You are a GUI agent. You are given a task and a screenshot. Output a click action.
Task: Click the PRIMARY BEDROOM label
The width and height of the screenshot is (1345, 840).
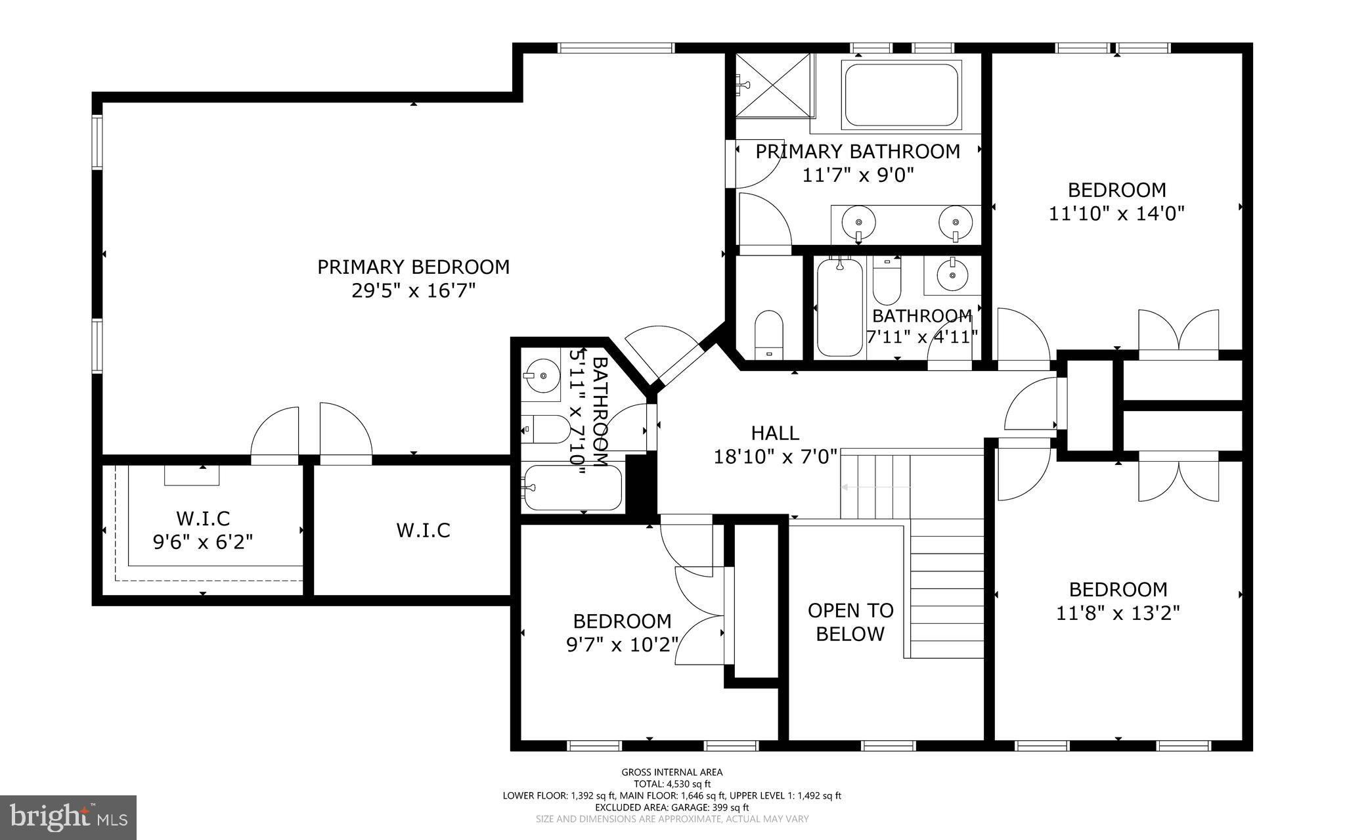(413, 267)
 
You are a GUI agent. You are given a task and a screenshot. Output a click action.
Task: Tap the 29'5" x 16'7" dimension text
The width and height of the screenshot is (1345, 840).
(413, 291)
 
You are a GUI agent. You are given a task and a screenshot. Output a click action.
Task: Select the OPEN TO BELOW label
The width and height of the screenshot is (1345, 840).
(850, 622)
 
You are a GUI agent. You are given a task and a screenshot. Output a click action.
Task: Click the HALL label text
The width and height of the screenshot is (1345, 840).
(775, 433)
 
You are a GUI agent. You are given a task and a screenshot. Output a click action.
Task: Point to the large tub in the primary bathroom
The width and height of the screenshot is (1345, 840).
(901, 95)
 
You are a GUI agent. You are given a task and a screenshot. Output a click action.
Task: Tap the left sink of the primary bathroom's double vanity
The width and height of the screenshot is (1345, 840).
(858, 219)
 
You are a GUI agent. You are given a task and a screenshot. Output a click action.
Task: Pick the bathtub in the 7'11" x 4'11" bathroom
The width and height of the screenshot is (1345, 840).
(839, 307)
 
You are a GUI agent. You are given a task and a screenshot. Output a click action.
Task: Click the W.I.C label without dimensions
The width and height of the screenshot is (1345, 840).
(423, 531)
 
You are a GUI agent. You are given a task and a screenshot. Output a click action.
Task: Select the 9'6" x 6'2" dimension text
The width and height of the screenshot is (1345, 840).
(203, 542)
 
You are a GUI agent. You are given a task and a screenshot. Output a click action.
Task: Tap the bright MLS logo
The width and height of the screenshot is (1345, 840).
(68, 817)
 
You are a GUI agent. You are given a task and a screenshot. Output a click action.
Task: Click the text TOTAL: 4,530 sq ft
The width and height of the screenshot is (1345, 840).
(672, 784)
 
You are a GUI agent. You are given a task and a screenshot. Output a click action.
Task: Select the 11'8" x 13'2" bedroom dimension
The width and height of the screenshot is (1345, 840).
(1118, 613)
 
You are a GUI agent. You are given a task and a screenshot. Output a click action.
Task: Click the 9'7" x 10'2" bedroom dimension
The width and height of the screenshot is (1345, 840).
(621, 645)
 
